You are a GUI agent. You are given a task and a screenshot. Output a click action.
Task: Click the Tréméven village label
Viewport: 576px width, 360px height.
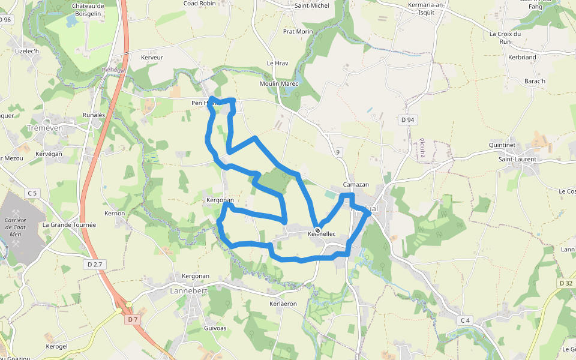point(45,128)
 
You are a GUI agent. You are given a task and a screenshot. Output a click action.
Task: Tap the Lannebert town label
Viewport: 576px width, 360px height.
point(188,290)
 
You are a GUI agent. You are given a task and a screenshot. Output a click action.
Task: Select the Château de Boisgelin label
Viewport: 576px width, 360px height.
point(88,10)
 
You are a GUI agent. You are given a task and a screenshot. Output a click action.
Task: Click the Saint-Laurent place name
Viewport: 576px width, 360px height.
point(517,159)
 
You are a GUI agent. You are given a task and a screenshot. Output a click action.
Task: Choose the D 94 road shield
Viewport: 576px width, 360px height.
point(407,120)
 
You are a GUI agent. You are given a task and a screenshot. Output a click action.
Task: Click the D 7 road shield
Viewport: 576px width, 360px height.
point(133,320)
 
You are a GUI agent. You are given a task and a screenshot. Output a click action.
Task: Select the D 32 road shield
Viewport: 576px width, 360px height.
point(565,283)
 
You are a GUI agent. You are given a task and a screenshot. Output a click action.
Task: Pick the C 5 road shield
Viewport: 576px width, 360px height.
point(32,193)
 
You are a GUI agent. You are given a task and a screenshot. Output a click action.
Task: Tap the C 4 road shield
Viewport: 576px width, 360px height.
point(464,320)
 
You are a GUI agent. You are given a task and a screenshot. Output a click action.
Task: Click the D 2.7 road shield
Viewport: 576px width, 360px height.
point(96,264)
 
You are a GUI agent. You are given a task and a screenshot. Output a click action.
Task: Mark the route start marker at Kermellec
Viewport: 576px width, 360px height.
point(317,230)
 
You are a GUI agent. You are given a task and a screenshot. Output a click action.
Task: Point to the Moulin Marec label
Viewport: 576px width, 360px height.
point(279,83)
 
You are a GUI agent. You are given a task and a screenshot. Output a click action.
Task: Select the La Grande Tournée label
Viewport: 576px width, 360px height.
point(69,225)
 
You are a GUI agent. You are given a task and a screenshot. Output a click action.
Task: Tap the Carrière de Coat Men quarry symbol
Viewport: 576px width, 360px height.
point(15,213)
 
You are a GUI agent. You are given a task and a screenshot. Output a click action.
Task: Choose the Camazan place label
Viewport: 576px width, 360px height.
point(356,184)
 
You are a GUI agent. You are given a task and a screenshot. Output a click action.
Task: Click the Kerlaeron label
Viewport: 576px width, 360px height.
point(283,304)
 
